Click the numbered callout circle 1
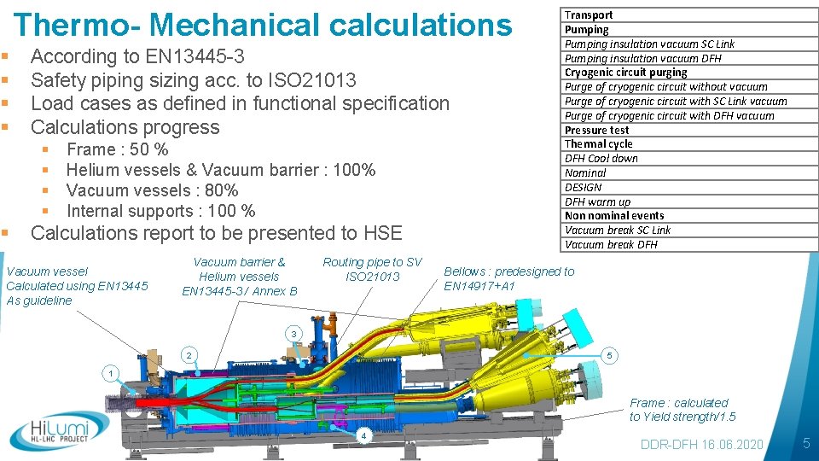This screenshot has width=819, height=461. [109, 373]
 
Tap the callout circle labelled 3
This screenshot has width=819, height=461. [293, 333]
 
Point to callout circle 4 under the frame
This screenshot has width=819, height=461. [363, 436]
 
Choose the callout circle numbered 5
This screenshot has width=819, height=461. [609, 354]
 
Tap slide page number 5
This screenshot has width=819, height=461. [805, 444]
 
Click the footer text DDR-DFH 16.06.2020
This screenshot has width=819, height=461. [702, 445]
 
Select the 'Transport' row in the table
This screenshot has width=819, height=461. [589, 15]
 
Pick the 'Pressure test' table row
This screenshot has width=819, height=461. [597, 130]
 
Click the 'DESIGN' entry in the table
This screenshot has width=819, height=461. [584, 187]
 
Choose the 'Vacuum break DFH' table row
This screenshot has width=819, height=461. [611, 244]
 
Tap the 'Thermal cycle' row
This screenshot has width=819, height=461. [599, 143]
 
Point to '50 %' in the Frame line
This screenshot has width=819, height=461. [149, 149]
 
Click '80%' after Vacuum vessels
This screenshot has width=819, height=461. [220, 190]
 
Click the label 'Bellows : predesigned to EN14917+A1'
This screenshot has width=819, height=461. [508, 278]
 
